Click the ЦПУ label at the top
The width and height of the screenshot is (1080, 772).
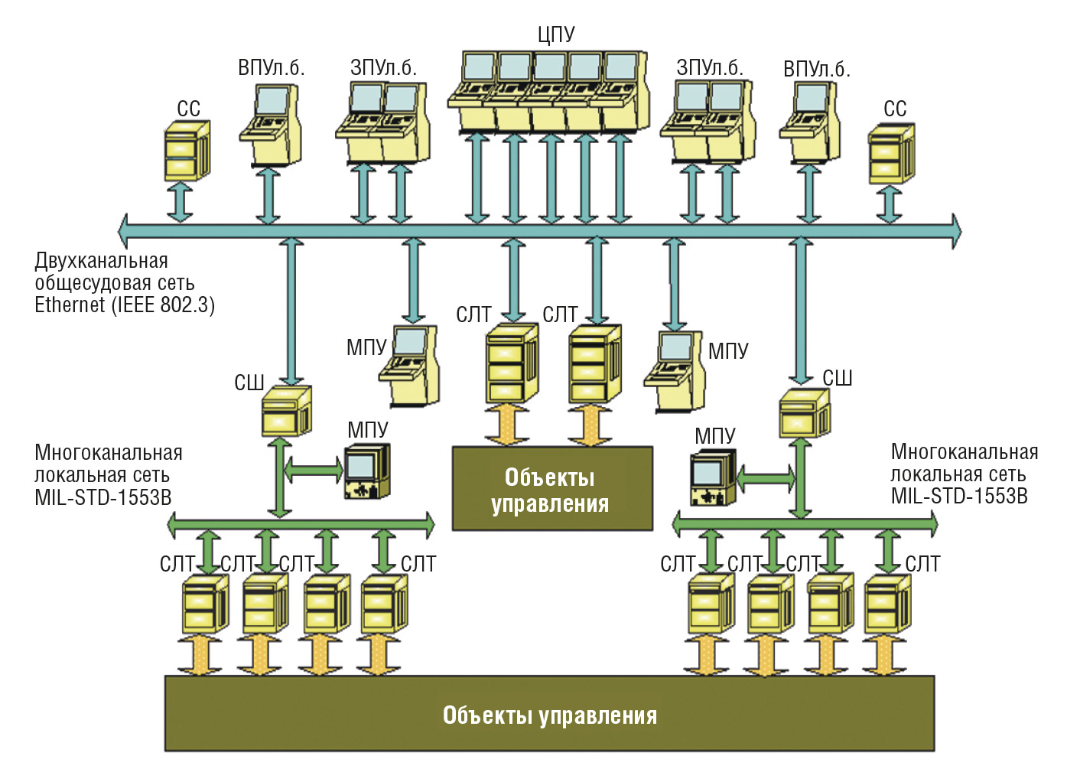(x=556, y=34)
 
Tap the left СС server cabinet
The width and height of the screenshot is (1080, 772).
(x=186, y=151)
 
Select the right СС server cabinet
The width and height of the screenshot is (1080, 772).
(x=891, y=155)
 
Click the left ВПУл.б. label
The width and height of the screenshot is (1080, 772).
(x=271, y=68)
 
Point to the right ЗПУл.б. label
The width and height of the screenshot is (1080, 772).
(x=709, y=68)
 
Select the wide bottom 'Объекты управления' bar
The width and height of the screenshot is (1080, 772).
(x=549, y=714)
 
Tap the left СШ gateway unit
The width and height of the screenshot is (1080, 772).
(x=286, y=412)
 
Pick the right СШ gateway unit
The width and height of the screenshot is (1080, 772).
(x=804, y=413)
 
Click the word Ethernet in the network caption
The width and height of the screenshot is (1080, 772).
(x=70, y=305)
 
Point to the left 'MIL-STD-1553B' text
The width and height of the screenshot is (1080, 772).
(x=103, y=498)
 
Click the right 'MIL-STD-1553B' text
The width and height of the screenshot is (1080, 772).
(x=959, y=497)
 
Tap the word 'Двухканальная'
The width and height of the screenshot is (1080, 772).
(x=101, y=261)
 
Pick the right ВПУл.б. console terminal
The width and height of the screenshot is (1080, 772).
(x=810, y=124)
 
